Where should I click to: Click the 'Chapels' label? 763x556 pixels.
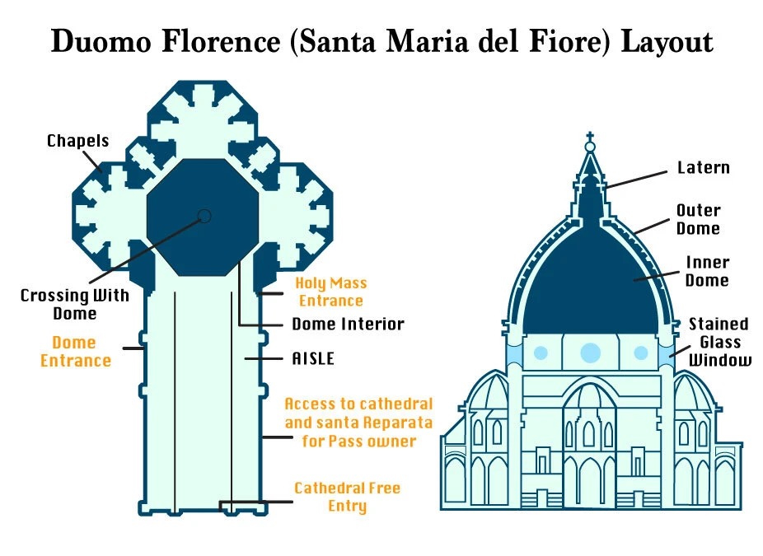click(x=77, y=141)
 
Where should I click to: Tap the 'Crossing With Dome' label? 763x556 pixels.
click(x=75, y=304)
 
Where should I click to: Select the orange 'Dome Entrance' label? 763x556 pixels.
click(x=76, y=352)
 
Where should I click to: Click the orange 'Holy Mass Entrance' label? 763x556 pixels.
click(x=331, y=292)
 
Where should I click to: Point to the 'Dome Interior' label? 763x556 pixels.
click(x=348, y=324)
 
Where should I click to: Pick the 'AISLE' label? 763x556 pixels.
click(x=313, y=358)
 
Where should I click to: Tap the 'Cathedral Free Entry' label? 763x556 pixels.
click(x=348, y=497)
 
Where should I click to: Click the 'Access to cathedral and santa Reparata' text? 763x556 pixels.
click(x=358, y=413)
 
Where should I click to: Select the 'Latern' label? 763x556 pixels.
click(x=704, y=168)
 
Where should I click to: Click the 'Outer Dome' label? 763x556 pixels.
click(x=698, y=219)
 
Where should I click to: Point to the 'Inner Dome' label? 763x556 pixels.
click(x=708, y=272)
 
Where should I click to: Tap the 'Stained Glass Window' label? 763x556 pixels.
click(x=720, y=342)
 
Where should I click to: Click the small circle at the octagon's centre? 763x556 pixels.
click(x=205, y=216)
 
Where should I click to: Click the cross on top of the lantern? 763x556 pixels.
click(x=590, y=137)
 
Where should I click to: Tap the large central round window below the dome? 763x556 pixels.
click(x=590, y=353)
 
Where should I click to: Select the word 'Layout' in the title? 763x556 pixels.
click(x=667, y=42)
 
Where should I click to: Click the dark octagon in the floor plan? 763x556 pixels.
click(x=203, y=217)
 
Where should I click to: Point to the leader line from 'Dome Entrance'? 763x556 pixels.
click(x=133, y=348)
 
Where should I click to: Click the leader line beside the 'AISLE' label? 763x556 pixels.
click(x=263, y=359)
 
